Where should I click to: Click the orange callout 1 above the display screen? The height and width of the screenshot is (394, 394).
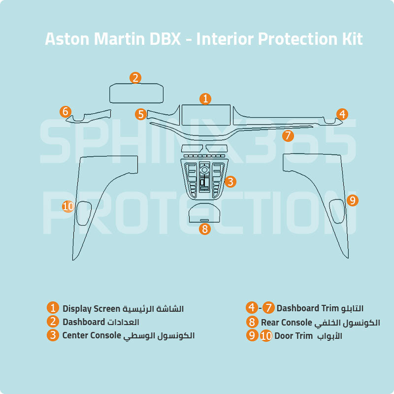click(205, 98)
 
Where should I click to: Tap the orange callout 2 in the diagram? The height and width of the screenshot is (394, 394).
click(136, 78)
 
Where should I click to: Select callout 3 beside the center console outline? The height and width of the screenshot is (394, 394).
click(230, 182)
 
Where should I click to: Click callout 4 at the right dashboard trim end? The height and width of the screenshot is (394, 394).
click(342, 114)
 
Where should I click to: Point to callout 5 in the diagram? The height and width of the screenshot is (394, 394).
click(141, 114)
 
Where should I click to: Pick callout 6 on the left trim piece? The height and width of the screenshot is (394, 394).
click(65, 112)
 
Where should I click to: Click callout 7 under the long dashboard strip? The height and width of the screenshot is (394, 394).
click(288, 135)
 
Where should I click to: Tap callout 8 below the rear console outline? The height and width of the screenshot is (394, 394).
click(205, 229)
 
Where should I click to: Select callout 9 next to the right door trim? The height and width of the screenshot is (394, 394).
click(352, 200)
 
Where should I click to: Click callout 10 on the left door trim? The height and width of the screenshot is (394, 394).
click(68, 206)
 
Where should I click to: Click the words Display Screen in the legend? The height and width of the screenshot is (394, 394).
click(91, 309)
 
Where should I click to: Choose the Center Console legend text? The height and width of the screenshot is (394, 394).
click(92, 335)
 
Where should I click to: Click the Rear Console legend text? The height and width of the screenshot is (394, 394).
click(287, 323)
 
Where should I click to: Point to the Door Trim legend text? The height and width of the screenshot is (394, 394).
click(294, 336)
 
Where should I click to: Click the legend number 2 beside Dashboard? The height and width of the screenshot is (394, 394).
click(53, 322)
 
